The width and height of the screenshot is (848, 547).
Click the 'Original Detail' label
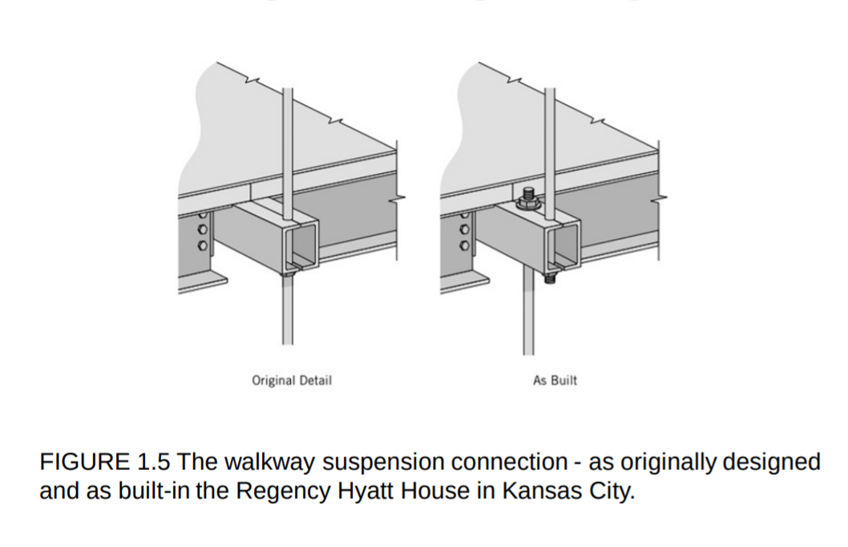pyautogui.click(x=292, y=380)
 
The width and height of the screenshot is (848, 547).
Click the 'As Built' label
pyautogui.click(x=555, y=380)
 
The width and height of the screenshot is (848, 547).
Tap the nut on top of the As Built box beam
pyautogui.click(x=529, y=198)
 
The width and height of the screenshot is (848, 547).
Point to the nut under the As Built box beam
pyautogui.click(x=550, y=278)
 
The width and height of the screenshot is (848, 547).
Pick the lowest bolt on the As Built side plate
pyautogui.click(x=463, y=245)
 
